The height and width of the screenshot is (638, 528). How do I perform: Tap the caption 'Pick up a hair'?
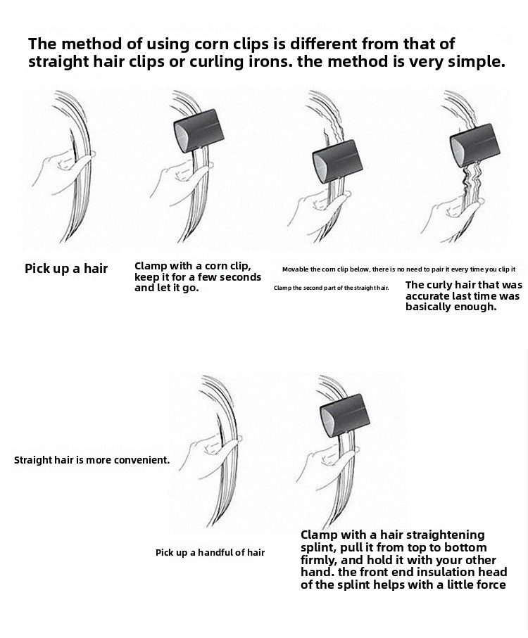click(66, 269)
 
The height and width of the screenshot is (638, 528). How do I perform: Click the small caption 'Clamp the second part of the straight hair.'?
click(332, 288)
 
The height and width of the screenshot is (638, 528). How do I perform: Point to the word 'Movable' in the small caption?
click(295, 269)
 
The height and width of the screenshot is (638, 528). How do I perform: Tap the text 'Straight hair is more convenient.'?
click(92, 460)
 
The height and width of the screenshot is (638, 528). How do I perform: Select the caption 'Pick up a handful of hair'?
click(210, 553)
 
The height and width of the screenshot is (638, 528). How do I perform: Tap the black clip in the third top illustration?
click(337, 161)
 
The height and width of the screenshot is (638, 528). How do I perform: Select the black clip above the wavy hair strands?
click(474, 145)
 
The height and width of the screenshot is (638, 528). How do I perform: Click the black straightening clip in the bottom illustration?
click(345, 415)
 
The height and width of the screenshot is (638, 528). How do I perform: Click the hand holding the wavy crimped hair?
click(452, 217)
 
